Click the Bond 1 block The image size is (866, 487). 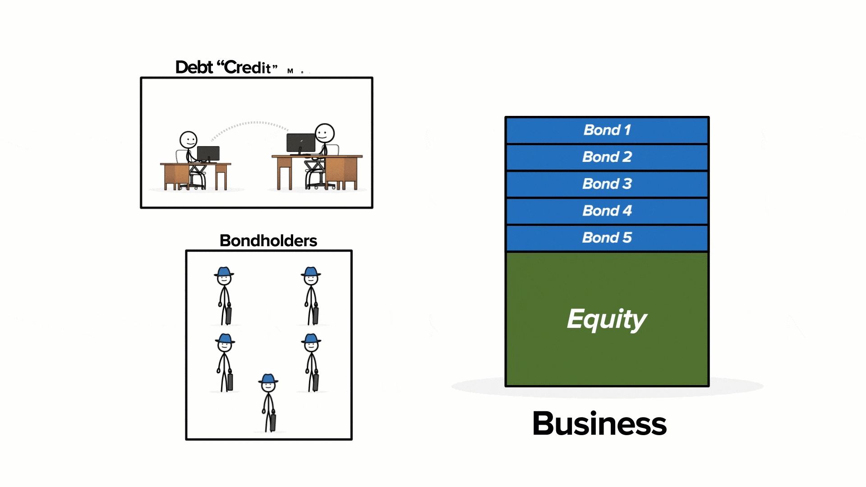(607, 130)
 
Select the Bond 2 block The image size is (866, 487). (607, 157)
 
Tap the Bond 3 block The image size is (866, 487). (607, 184)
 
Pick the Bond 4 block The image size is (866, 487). (607, 211)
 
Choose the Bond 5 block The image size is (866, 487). (607, 238)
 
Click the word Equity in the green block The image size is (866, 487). (607, 319)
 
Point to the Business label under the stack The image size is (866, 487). (599, 424)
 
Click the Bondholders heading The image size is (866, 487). (268, 241)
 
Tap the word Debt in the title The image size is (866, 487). (194, 68)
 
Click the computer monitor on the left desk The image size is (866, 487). (208, 153)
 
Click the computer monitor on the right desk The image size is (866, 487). (301, 143)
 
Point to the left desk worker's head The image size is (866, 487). (188, 140)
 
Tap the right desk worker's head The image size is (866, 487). (324, 133)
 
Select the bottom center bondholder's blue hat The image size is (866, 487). (268, 379)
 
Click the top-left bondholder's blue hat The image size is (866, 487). (224, 272)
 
